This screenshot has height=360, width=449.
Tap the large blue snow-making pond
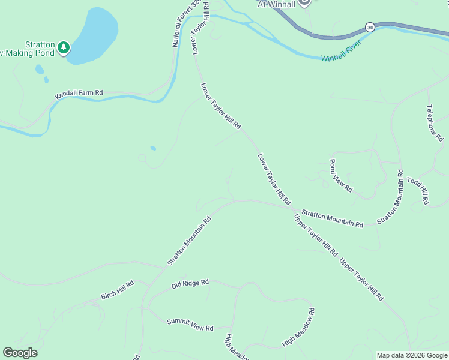click(x=94, y=35)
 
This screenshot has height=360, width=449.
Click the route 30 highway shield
click(x=370, y=28)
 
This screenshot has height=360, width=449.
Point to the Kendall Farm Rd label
click(x=79, y=94)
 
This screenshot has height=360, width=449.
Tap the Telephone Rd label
click(x=435, y=123)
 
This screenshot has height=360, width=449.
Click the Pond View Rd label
click(x=340, y=175)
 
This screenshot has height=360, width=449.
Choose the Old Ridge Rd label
click(x=190, y=283)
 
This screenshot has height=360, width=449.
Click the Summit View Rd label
click(x=190, y=325)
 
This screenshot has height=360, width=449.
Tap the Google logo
click(x=20, y=353)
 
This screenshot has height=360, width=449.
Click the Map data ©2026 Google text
click(x=412, y=355)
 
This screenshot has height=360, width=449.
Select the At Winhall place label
click(x=276, y=4)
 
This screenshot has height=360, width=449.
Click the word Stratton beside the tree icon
click(x=40, y=44)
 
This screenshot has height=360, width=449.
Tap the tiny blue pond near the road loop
click(x=153, y=148)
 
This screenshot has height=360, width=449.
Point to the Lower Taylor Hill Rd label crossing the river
click(x=200, y=28)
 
